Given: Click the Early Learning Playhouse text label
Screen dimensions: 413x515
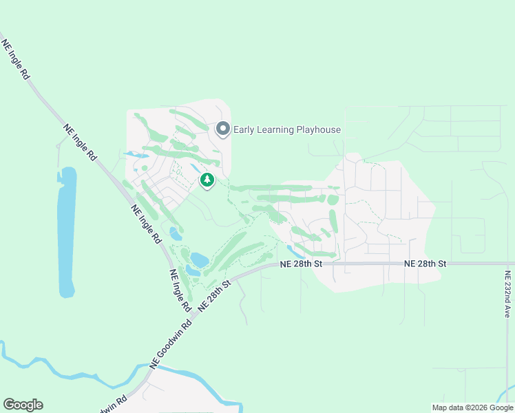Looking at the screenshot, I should tap(287, 129).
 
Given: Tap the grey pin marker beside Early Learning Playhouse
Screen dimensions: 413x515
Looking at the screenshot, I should tap(222, 129).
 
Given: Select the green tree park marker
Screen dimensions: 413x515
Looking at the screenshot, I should tap(207, 180).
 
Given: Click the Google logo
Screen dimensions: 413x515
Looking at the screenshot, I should tap(23, 405).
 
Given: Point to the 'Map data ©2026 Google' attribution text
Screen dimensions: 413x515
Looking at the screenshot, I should tap(472, 407).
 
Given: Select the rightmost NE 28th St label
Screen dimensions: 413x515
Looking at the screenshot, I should tap(425, 264).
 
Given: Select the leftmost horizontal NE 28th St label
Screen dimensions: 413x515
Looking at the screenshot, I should tap(301, 264).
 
